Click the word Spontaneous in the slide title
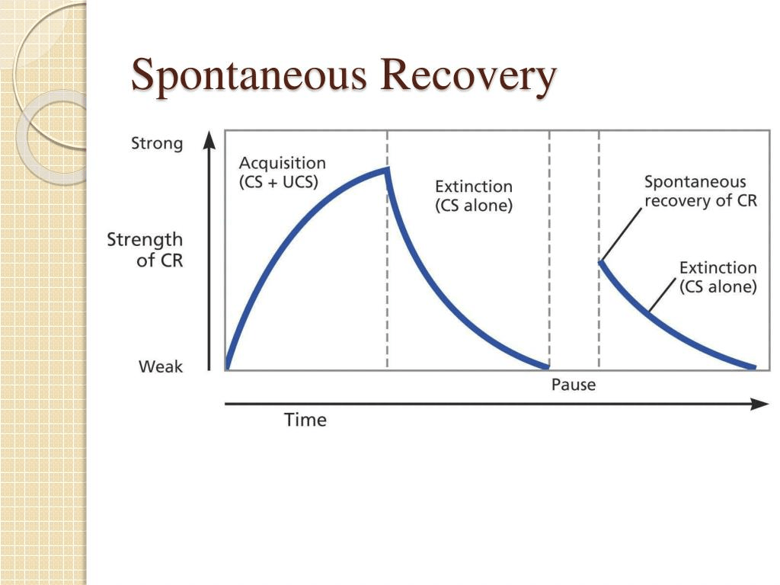[249, 76]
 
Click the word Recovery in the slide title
[468, 76]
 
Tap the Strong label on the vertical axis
[157, 144]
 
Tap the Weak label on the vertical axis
[161, 366]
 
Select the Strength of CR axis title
[145, 250]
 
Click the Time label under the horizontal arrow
[305, 420]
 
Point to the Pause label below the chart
[574, 385]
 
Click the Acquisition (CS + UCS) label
[282, 172]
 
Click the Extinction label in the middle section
[474, 196]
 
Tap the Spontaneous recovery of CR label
[701, 191]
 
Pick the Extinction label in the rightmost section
[718, 277]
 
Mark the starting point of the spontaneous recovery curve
[601, 262]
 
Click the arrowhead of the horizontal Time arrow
[760, 404]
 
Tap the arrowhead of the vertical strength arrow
[210, 140]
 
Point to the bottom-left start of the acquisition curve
[228, 367]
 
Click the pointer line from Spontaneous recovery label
[622, 234]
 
